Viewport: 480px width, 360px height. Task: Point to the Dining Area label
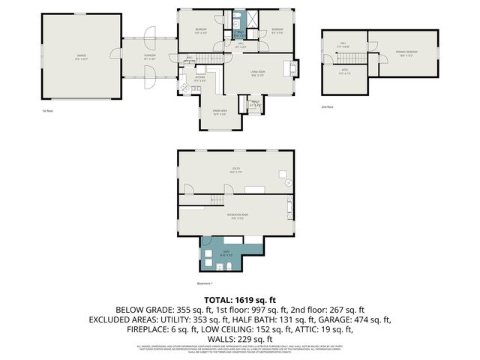220,113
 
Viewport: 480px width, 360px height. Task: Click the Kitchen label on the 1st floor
199,78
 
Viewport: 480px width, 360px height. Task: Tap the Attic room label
344,72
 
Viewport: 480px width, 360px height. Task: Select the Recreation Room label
238,217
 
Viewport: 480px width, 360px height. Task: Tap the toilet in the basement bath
205,265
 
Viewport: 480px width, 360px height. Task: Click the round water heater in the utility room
289,184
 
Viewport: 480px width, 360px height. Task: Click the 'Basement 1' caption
205,283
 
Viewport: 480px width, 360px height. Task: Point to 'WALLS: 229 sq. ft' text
240,338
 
